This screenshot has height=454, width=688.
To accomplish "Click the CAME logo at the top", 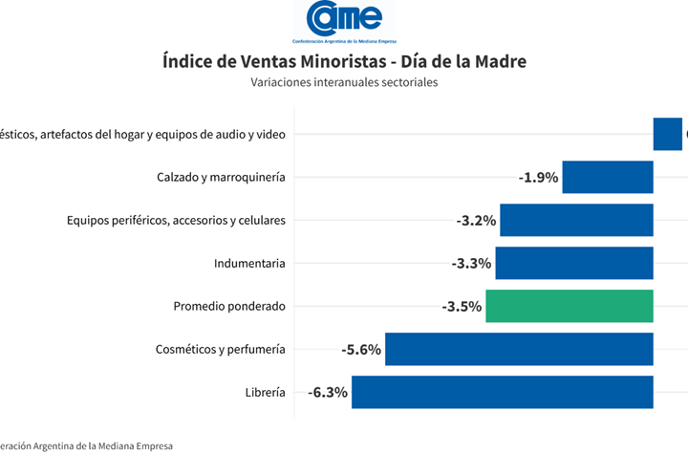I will (344, 22).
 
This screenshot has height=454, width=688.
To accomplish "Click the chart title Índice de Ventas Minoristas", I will (344, 61).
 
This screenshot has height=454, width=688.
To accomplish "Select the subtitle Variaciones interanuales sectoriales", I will (344, 82).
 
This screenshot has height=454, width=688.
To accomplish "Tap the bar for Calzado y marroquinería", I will (608, 177).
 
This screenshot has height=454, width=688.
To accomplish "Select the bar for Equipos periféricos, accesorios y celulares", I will (576, 220).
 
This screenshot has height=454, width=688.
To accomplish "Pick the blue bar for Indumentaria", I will (574, 263).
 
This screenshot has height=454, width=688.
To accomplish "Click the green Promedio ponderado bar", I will (570, 306).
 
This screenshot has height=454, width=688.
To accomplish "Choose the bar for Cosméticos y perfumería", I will (519, 349).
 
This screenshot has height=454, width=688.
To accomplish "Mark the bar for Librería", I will (502, 392).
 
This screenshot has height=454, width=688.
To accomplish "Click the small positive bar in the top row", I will (667, 134).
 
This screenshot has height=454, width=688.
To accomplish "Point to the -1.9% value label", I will (538, 178).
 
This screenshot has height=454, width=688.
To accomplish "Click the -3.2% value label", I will (476, 221).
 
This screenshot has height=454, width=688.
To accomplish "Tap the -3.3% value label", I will (471, 264).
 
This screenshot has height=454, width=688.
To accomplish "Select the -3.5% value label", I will (462, 307).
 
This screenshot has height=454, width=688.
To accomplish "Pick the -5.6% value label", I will (361, 350).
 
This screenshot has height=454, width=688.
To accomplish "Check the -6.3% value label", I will (328, 393).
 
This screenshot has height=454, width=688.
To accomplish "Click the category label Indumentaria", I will (249, 263).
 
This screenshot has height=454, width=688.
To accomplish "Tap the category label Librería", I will (265, 392).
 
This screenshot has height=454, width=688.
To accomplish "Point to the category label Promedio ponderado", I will (229, 306).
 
